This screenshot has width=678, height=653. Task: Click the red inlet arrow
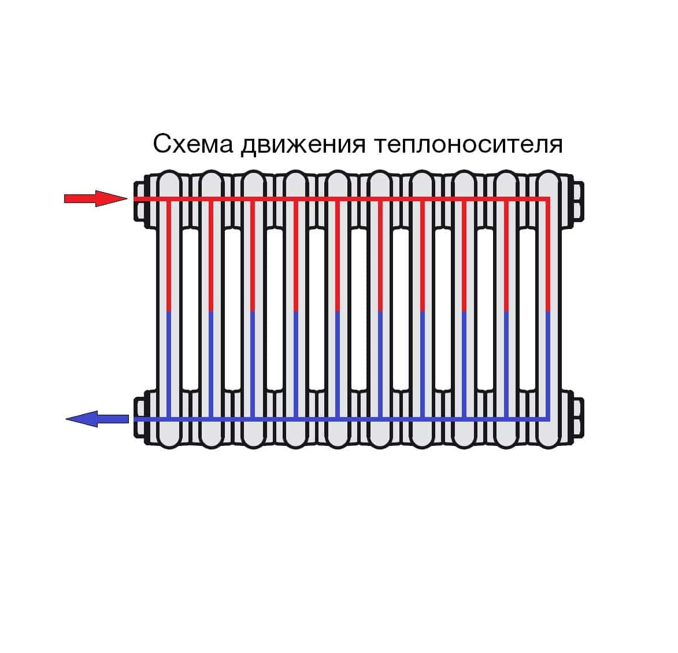[95, 198]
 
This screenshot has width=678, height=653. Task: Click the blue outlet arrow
[97, 419]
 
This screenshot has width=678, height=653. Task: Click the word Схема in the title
[193, 144]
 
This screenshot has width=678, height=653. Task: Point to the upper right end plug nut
[578, 201]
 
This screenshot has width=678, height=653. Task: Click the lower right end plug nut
[578, 418]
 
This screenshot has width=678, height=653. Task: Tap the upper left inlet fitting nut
[139, 201]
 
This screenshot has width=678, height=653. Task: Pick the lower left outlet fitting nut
[139, 418]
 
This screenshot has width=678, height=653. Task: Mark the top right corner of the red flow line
[548, 199]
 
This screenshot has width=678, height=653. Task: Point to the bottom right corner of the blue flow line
[548, 419]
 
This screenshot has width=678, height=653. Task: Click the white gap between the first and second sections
[190, 310]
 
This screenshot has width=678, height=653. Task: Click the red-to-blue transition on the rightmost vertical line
[548, 311]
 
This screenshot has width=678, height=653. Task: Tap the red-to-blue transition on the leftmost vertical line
[169, 311]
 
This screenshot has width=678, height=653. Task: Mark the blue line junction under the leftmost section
[169, 418]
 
